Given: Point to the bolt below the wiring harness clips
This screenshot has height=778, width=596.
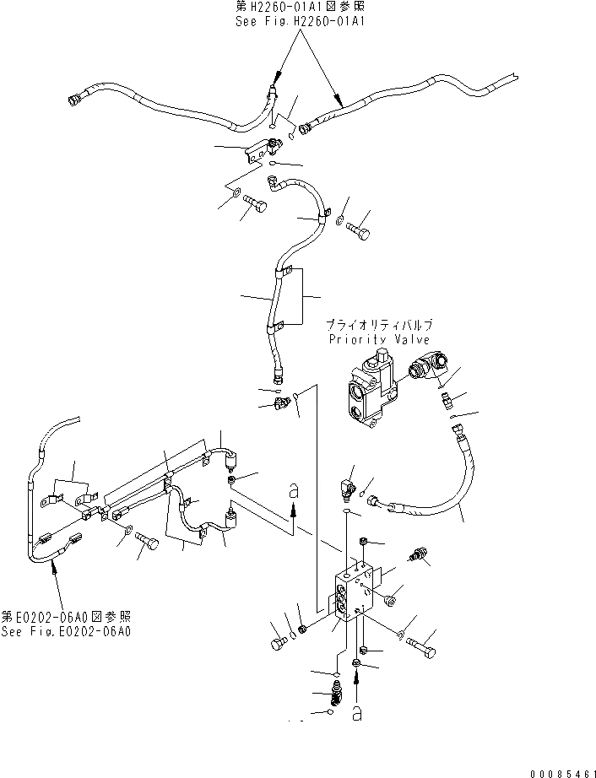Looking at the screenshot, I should coord(149,546).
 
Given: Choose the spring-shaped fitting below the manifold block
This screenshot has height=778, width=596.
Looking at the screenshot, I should coord(336,698).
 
